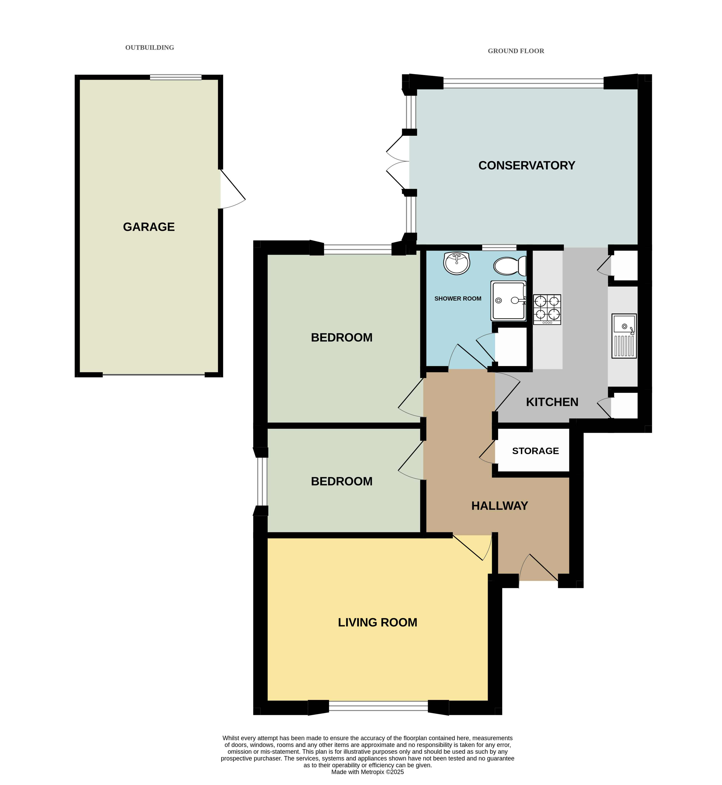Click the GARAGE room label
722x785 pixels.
[x=149, y=227]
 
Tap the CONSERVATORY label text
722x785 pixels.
[x=527, y=166]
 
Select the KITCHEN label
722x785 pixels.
[x=552, y=402]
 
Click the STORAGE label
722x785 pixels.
[x=535, y=451]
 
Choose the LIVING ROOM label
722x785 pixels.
[x=377, y=623]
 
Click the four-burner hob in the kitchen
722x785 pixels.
[x=547, y=309]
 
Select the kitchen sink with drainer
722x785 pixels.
[x=624, y=336]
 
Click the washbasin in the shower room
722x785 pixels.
[x=456, y=263]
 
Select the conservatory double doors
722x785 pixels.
[x=398, y=161]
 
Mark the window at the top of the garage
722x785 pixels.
[x=176, y=77]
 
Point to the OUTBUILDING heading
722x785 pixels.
[x=150, y=48]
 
